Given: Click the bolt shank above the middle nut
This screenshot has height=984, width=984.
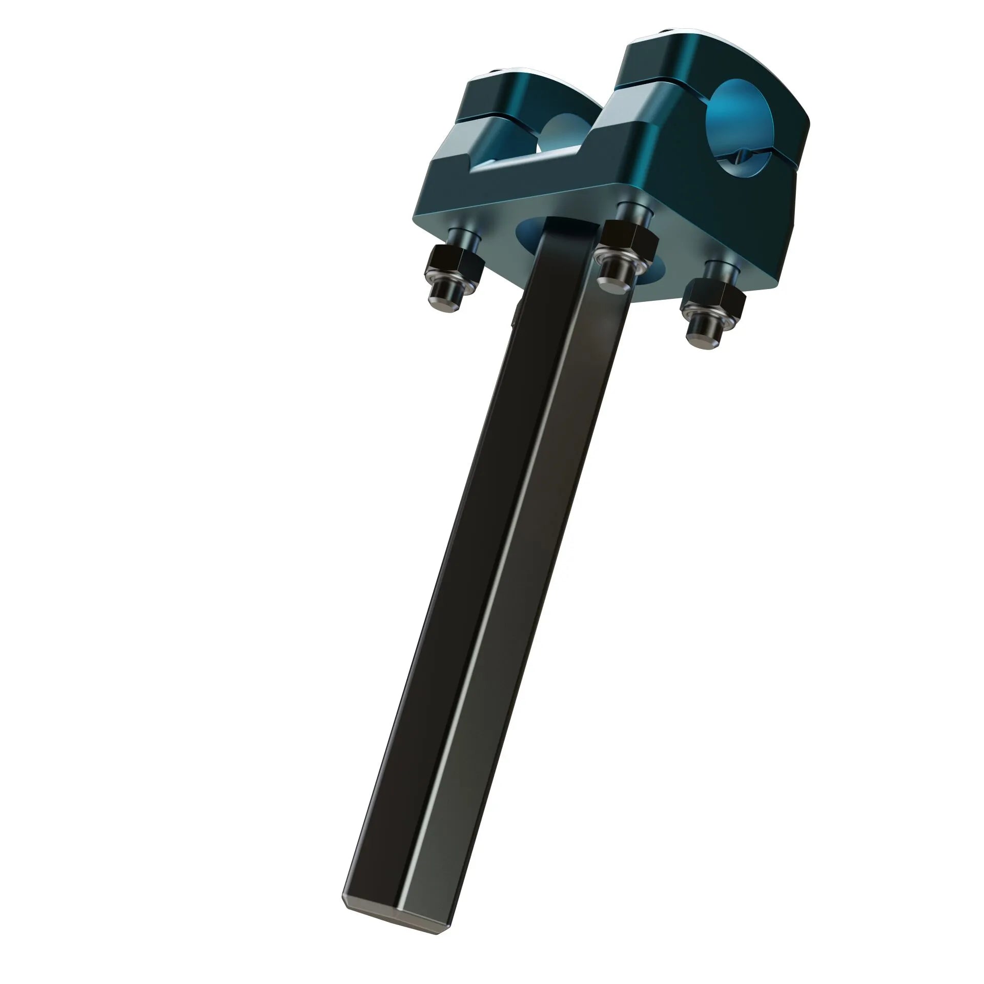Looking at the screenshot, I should [630, 210].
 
